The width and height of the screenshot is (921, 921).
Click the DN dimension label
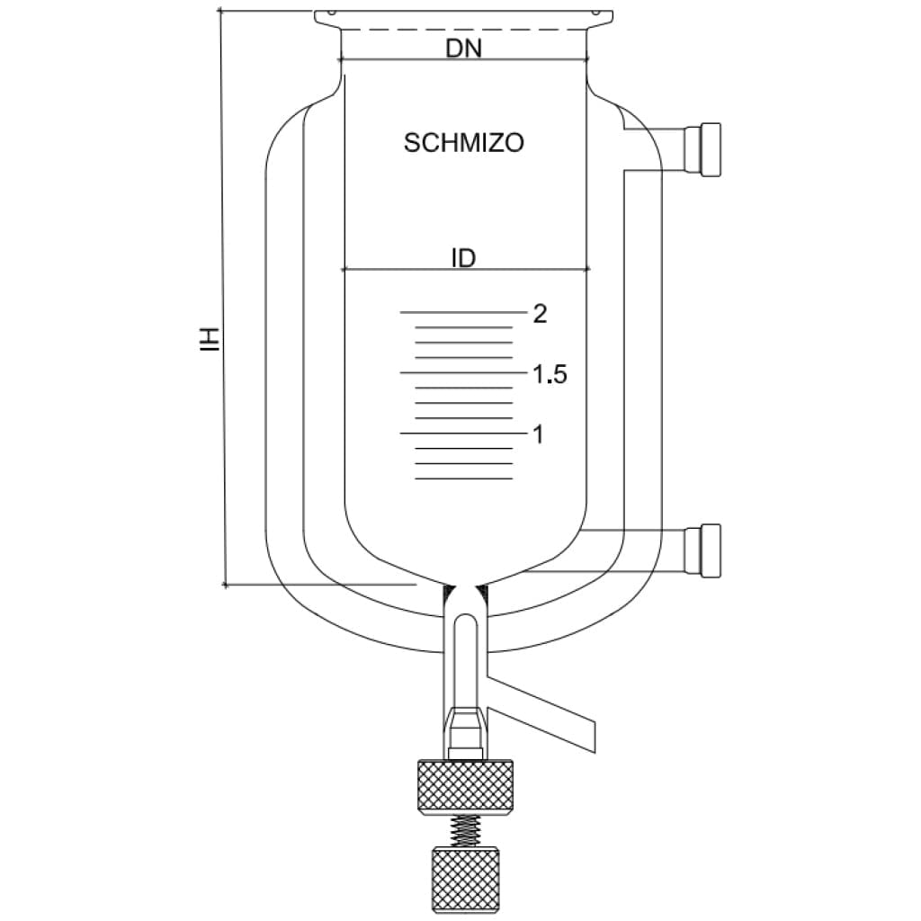pos(464,49)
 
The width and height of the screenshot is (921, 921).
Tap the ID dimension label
pos(463,259)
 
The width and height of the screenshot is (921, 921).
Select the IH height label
pos(210,339)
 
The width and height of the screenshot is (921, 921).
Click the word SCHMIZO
pos(464,143)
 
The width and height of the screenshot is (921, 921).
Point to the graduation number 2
pos(540,314)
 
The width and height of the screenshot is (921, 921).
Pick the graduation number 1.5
pos(549,375)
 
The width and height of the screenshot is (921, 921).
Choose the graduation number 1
pos(539,435)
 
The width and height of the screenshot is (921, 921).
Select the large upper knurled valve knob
pos(465,787)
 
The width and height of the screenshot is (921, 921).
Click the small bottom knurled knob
pos(465,878)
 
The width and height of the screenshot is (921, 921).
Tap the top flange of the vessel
pos(464,16)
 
